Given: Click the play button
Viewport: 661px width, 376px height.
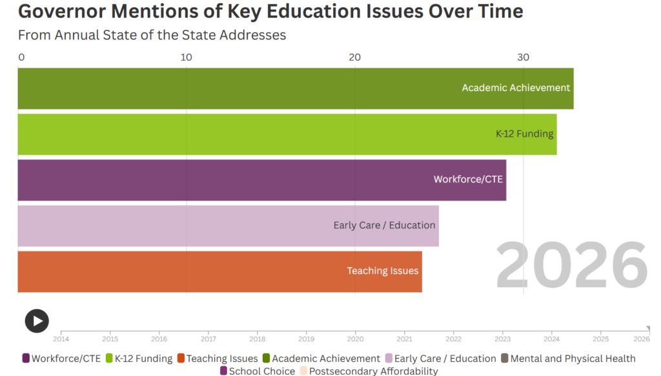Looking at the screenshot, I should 37,321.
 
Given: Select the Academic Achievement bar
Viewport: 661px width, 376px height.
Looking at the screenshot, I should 295,88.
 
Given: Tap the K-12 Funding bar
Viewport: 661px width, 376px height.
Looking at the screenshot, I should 287,134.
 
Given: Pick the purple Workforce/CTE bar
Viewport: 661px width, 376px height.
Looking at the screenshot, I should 261,180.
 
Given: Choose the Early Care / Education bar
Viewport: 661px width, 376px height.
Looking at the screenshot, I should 228,226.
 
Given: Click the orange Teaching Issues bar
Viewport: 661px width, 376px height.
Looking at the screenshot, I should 219,272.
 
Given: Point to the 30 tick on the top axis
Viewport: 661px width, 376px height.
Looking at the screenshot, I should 524,57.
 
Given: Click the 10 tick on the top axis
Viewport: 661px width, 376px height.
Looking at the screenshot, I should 187,57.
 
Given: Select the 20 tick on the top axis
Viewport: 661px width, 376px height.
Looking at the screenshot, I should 355,57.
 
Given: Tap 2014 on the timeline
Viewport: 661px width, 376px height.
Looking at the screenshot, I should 61,338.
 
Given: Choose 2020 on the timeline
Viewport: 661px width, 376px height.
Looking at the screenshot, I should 355,338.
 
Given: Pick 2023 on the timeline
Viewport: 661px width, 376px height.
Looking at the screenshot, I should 502,338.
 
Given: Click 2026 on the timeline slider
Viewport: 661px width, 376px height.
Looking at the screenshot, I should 642,338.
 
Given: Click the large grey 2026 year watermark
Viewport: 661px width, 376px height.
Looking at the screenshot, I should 571,266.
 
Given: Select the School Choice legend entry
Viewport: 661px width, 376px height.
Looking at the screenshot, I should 258,371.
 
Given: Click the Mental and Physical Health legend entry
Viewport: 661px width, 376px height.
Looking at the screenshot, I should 568,359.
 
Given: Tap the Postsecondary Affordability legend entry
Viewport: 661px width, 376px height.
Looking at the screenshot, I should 369,371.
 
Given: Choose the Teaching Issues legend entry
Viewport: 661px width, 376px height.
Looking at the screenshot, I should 218,359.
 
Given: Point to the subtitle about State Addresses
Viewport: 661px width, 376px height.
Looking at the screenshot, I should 152,35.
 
